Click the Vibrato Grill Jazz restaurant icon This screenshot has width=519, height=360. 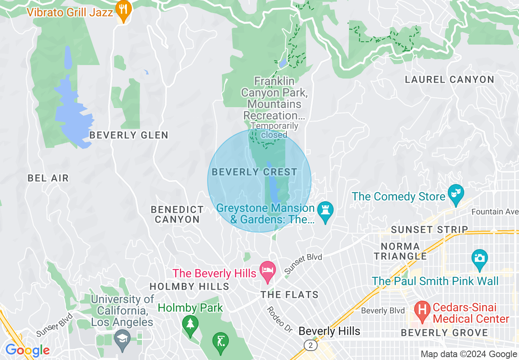point(123,10)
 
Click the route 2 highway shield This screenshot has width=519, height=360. point(311,346)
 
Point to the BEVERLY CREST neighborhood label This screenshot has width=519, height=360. point(254,172)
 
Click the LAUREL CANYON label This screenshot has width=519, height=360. point(449,80)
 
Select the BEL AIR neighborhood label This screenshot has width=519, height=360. point(48,178)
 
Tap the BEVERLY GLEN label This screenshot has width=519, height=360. point(129,135)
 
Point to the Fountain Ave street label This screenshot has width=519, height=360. point(494,212)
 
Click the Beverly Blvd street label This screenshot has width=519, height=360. point(383,311)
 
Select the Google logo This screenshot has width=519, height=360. point(27,350)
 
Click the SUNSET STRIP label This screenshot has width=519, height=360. point(429,230)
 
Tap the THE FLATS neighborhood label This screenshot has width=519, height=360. point(290,295)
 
